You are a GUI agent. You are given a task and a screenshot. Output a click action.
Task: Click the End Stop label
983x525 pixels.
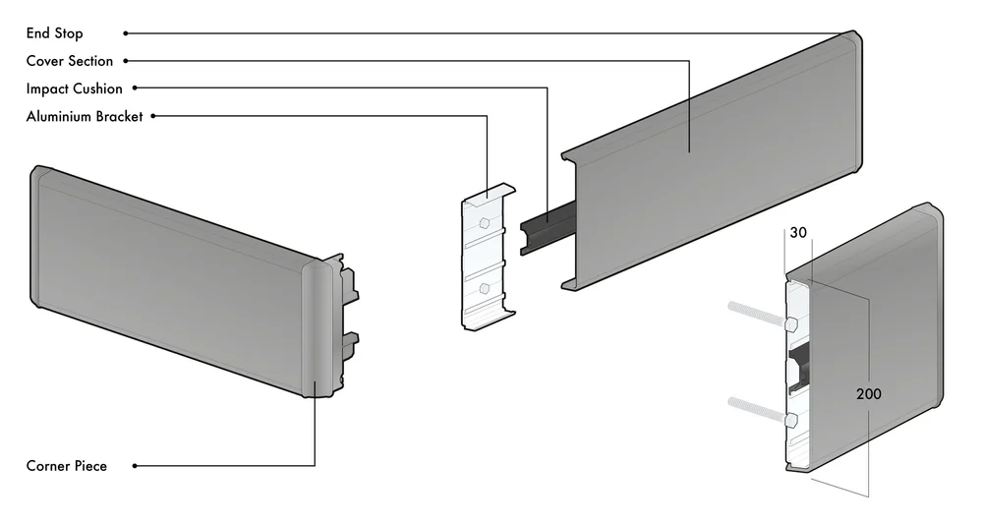point(54,33)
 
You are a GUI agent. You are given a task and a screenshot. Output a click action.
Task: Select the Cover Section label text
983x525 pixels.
point(70,61)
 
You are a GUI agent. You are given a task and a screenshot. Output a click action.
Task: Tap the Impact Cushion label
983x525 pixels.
point(75,88)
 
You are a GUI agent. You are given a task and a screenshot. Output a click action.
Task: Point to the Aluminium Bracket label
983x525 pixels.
point(85,116)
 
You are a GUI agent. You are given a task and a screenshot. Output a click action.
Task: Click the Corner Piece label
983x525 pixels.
point(67,466)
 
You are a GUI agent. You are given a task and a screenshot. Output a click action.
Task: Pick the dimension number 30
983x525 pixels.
point(798,233)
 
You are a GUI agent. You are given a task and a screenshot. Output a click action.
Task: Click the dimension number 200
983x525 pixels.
point(869,394)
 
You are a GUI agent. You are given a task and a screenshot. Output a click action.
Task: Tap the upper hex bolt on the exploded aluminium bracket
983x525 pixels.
point(485,222)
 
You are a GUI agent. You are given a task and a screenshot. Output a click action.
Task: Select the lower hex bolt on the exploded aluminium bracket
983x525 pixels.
point(484,288)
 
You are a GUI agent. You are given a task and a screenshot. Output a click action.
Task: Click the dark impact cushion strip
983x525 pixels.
point(548,228)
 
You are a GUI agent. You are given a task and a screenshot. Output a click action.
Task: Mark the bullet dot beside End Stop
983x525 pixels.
point(126,33)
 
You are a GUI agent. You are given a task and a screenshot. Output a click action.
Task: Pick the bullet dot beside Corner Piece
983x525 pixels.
point(135,466)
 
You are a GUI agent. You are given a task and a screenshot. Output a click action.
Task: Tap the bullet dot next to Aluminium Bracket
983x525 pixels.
point(153,116)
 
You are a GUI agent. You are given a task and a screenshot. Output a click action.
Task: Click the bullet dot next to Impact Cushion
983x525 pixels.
point(135,88)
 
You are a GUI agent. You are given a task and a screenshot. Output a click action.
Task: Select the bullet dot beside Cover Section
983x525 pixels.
point(126,61)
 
